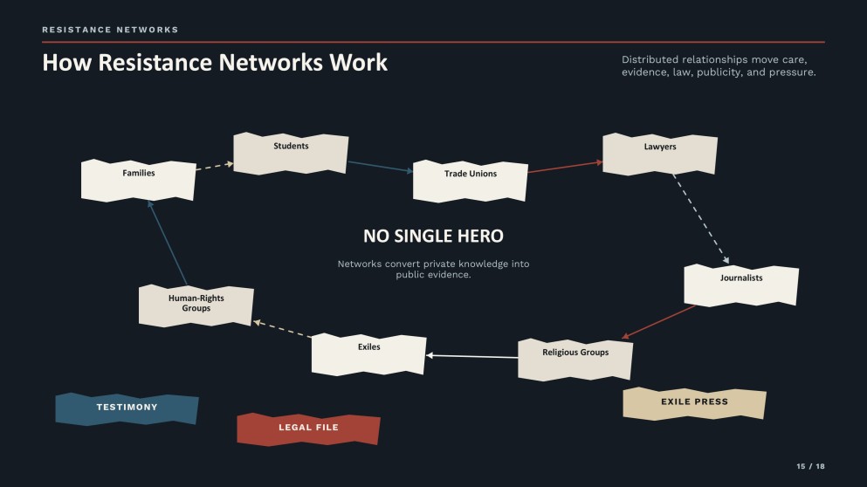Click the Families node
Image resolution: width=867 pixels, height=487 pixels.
pos(138,180)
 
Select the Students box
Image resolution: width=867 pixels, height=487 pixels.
pos(291,153)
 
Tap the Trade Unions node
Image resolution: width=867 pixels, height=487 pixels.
pos(470,181)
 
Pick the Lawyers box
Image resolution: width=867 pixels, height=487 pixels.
pos(660,154)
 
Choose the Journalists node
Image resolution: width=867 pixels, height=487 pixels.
pos(741,285)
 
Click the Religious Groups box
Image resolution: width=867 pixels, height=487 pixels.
pos(575,360)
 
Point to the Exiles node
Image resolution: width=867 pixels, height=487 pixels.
pos(368,354)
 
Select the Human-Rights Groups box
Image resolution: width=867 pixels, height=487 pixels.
pos(196,305)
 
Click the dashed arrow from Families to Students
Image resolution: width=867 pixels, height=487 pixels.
pos(215,167)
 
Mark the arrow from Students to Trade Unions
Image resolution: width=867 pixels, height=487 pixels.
pos(381,167)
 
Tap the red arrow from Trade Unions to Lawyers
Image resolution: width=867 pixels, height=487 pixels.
pos(565,167)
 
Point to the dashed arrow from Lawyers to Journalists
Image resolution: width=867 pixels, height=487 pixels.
pos(700,219)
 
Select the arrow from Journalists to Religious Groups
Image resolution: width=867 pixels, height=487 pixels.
pos(658,322)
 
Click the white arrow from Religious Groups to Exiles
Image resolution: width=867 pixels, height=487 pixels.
pos(471,357)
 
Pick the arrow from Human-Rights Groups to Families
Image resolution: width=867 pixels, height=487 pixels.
pos(167,243)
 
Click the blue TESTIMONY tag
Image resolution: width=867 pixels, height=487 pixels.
pos(127,409)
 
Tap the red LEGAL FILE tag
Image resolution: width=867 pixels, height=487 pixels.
pos(308,429)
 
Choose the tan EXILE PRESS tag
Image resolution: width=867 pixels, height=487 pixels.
pos(694,403)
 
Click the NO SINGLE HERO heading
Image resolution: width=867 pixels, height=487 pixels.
pos(433,236)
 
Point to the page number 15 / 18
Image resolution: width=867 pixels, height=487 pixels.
pos(810,467)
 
